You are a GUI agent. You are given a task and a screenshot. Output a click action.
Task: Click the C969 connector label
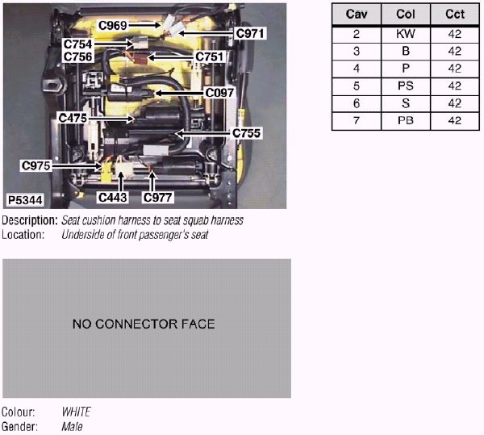(113, 25)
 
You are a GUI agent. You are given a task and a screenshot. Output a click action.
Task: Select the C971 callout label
(249, 33)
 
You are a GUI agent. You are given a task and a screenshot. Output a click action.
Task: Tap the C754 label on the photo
(77, 44)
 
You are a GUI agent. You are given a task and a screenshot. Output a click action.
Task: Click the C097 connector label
(219, 93)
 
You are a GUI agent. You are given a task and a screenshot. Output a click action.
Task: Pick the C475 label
(73, 118)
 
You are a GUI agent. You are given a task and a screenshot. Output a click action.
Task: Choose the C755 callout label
(246, 132)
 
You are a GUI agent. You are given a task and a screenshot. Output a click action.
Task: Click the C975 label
(35, 165)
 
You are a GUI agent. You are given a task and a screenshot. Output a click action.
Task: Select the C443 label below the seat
(113, 196)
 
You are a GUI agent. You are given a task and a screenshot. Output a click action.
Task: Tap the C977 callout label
(158, 196)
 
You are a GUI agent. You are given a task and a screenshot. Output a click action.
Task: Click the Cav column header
(357, 15)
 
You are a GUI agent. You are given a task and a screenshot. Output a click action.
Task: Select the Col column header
(406, 15)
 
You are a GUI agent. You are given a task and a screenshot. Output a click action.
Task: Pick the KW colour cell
(406, 34)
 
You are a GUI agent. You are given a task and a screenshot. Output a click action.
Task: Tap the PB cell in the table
(406, 120)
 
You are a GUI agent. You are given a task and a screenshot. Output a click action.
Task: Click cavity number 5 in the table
(357, 86)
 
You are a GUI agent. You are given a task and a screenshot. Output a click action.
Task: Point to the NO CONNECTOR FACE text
(144, 324)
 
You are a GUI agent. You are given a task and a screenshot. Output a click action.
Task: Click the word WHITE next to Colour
(77, 412)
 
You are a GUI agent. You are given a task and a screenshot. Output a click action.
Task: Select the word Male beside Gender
(72, 426)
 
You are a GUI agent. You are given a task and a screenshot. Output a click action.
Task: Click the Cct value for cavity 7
(454, 120)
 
